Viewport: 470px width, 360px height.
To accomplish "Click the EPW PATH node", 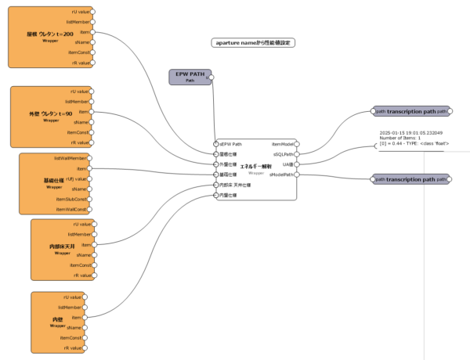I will click(189, 76).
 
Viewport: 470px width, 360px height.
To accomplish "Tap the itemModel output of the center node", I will click(283, 145).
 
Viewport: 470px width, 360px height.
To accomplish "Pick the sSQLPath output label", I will click(283, 155).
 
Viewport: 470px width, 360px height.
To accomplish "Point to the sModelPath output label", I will click(281, 175).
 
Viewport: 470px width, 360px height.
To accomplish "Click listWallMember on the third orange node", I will click(71, 158).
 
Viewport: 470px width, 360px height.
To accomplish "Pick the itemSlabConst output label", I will click(71, 199).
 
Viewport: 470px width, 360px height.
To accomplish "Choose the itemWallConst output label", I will click(71, 209).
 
